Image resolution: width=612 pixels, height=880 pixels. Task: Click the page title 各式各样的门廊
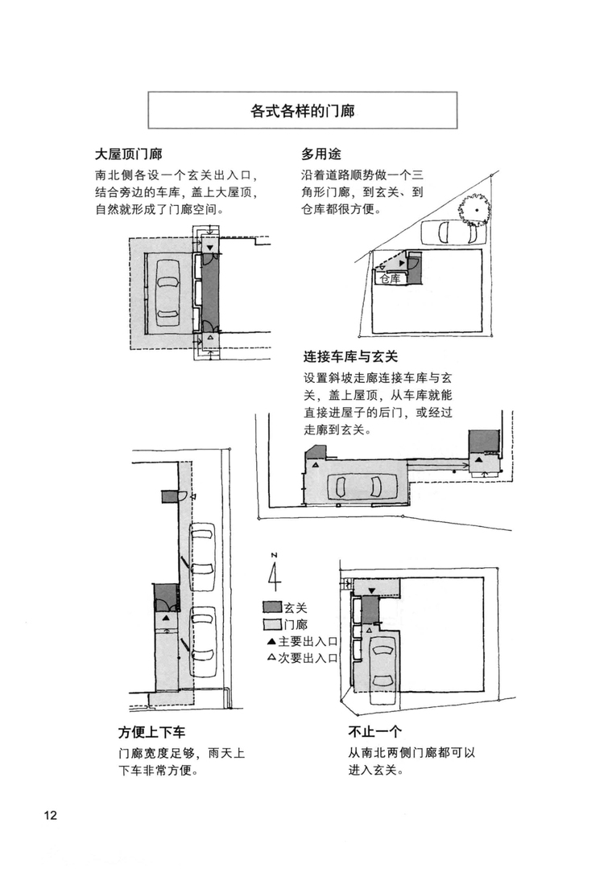pos(302,111)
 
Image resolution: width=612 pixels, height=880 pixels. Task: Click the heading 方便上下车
pos(151,733)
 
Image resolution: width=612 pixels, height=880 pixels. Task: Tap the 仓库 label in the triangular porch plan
pos(390,278)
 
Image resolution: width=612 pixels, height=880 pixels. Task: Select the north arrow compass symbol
pos(275,574)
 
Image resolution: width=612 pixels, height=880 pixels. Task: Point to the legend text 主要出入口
pos(307,641)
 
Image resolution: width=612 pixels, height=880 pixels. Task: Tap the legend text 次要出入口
pos(307,657)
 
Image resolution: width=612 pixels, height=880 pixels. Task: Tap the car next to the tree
pos(445,233)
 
